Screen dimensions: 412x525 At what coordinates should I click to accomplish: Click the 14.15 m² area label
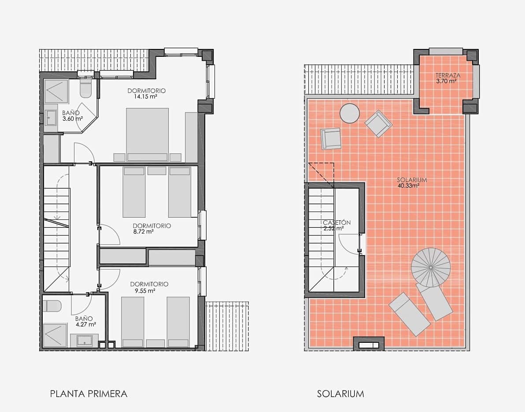pos(147,97)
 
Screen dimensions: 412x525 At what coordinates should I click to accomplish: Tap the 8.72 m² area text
pos(143,231)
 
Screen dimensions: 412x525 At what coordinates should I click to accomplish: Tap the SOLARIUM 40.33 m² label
pos(411,182)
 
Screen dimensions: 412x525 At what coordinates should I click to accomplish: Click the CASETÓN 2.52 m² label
pos(336,225)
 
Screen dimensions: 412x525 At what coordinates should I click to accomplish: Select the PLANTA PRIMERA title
pos(89,393)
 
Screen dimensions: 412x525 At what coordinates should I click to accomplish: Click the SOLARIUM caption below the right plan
pos(340,393)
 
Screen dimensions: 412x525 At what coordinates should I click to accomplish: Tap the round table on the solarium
pos(350,113)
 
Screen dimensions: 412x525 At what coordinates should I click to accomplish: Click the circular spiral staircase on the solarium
pos(431,267)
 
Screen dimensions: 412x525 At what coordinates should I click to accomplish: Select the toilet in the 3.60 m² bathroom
pos(85,89)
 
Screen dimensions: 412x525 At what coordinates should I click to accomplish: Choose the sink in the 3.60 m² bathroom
pos(51,117)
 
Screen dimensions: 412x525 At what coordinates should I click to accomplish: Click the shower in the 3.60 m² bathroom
pos(56,91)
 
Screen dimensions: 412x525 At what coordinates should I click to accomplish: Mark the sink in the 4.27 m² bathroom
pos(84,341)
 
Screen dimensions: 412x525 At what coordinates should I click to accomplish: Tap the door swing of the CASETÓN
pos(351,245)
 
